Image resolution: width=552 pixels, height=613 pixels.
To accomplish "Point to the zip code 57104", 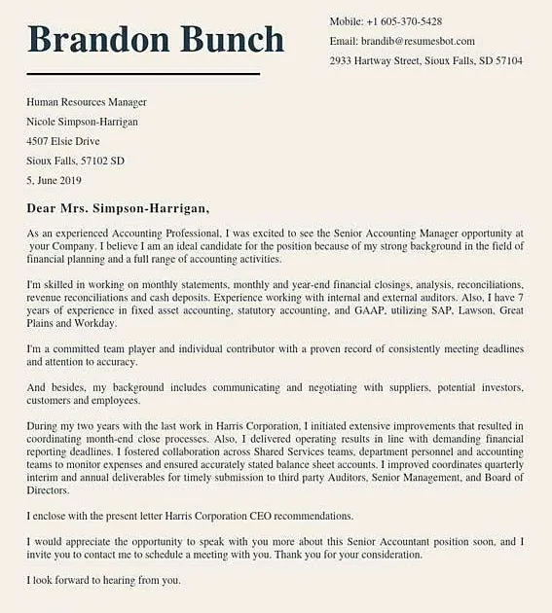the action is tap(508, 60).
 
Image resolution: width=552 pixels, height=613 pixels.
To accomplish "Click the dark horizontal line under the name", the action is tap(143, 74).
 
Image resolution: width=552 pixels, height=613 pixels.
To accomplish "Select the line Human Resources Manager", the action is tap(87, 102).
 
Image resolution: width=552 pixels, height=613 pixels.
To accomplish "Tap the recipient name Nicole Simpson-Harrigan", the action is tap(82, 122).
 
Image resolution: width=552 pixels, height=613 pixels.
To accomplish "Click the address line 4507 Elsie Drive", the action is tap(62, 141).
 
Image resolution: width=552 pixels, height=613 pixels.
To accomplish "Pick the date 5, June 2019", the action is tap(55, 180).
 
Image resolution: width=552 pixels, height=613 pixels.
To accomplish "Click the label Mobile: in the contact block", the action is tap(346, 21).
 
